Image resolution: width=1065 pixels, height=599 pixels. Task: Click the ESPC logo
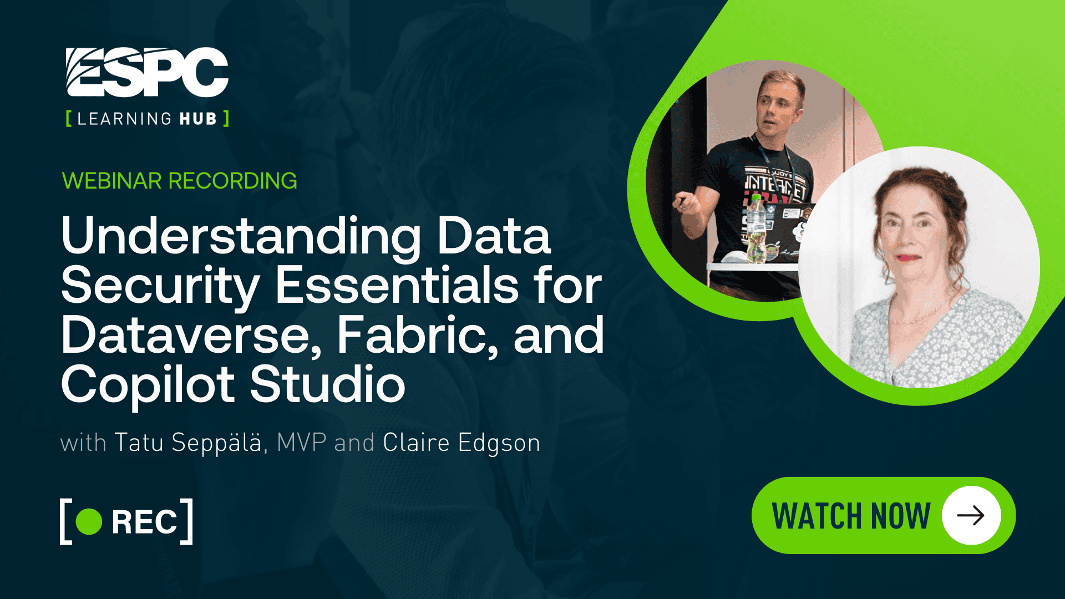pos(147,72)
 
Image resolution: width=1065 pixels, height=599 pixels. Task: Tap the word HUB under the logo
pos(198,119)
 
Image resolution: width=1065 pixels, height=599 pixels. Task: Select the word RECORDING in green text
pos(232,181)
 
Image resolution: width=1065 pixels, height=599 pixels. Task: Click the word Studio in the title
pos(327,384)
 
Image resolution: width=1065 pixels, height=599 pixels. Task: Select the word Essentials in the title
pos(397,286)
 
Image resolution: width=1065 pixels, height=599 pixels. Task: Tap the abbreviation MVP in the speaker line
pos(301,443)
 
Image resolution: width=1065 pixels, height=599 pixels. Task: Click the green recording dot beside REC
pos(89,521)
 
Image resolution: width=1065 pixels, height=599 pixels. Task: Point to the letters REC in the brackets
pos(144,522)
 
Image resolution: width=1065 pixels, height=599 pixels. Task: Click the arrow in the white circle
pos(971,515)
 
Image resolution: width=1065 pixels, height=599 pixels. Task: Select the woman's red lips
pos(907,258)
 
